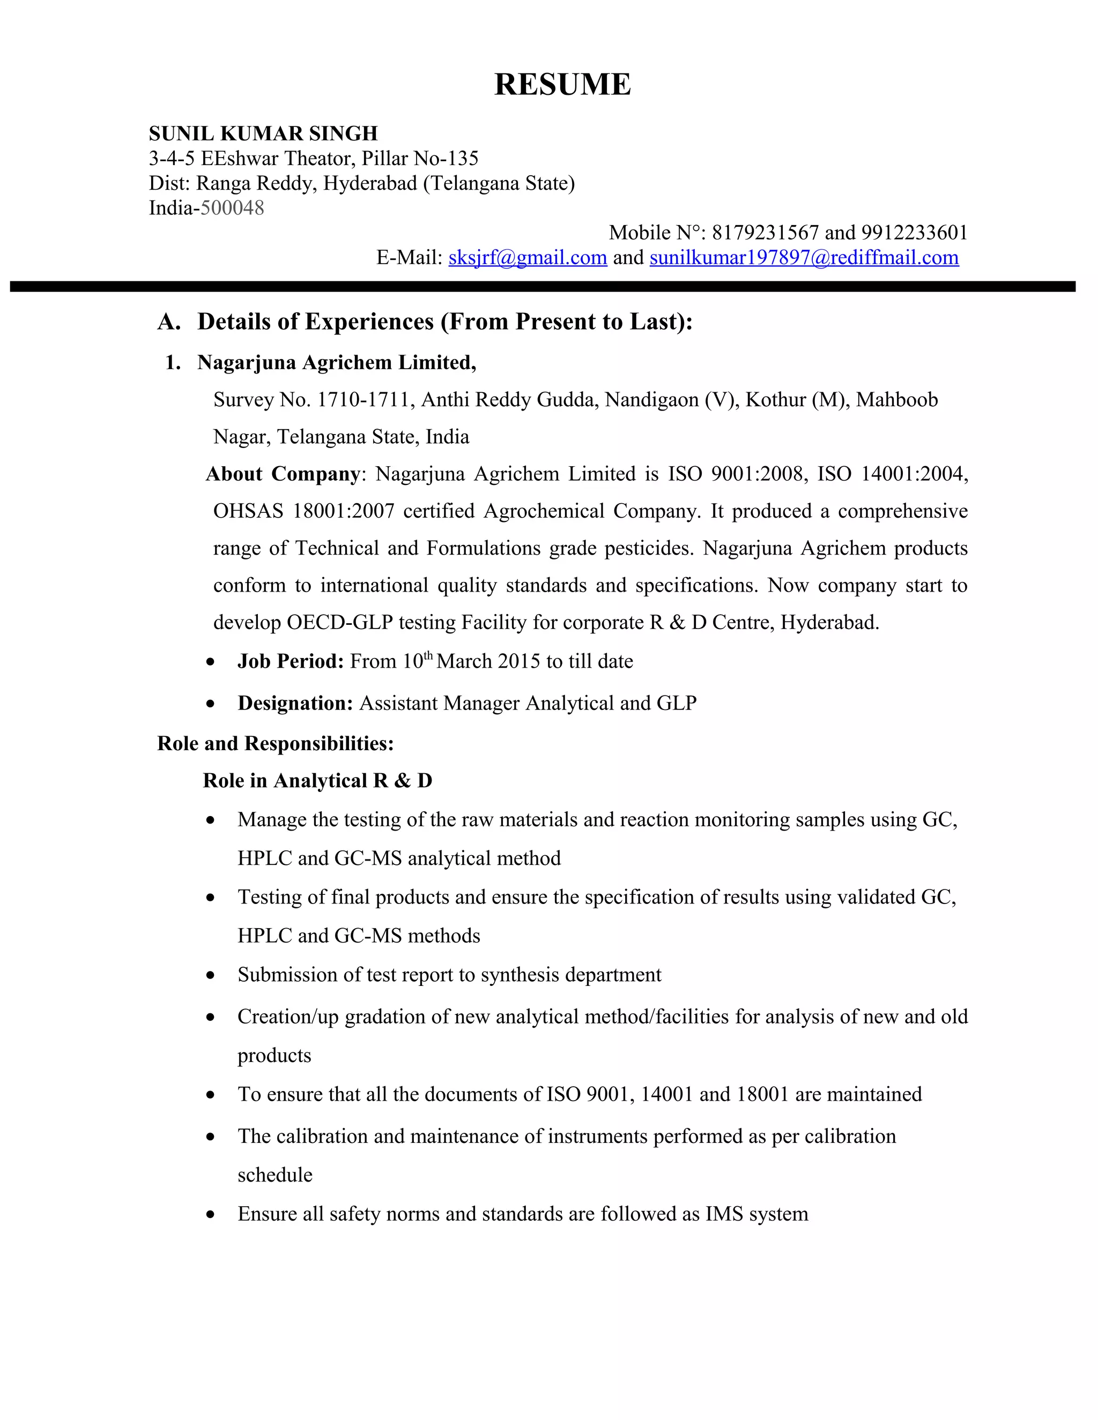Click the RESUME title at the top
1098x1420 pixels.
pos(562,85)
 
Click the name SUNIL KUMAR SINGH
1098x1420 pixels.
pos(263,133)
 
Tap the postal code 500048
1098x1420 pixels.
pos(232,208)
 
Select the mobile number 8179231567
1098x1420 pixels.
pos(765,233)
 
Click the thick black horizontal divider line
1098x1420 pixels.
pos(543,287)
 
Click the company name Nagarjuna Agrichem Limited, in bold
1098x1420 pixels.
pos(336,362)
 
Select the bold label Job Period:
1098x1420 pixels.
pos(290,661)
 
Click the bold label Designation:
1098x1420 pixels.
pos(295,703)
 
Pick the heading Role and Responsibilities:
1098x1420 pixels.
pos(275,743)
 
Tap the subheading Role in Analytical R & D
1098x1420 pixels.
pos(317,780)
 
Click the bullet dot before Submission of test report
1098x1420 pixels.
pos(210,975)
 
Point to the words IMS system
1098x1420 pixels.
pos(756,1214)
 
